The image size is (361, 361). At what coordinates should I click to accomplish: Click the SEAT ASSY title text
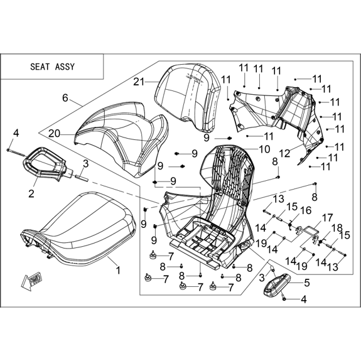click(x=53, y=67)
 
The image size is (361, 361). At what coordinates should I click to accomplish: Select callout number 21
click(x=139, y=82)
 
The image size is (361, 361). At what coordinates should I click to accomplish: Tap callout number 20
click(x=54, y=134)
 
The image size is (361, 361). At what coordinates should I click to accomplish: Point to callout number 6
click(x=65, y=98)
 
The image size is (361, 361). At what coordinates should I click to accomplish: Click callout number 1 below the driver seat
click(x=118, y=270)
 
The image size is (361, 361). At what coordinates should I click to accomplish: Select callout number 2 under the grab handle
click(x=31, y=193)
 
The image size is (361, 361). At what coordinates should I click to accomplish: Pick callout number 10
click(x=264, y=149)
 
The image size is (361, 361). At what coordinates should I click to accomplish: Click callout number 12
click(x=285, y=154)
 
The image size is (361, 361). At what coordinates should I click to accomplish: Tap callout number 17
click(x=328, y=218)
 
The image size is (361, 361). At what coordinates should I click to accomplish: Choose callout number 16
click(x=306, y=210)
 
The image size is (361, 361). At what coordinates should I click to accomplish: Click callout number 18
click(x=337, y=228)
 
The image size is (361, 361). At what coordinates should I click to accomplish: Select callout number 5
click(x=307, y=283)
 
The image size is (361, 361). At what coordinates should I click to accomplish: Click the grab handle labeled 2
click(x=45, y=163)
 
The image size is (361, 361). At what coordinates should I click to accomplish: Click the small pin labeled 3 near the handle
click(x=82, y=178)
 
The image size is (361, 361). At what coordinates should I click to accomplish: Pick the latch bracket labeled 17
click(x=308, y=232)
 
